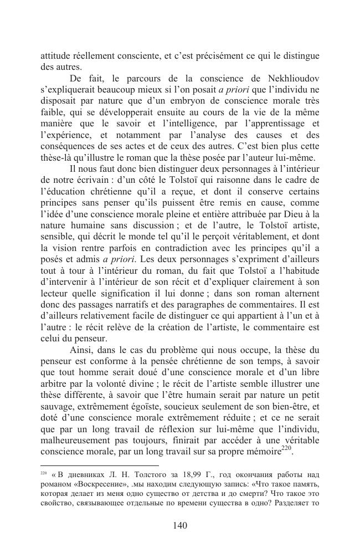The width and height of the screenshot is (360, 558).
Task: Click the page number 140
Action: [180, 525]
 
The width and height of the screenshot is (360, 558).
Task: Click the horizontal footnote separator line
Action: [100, 465]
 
